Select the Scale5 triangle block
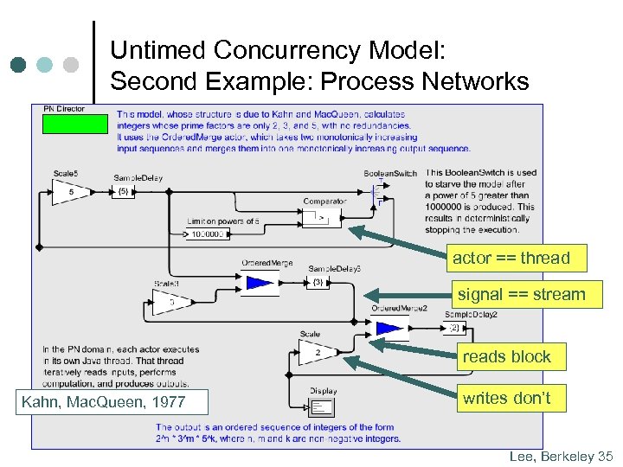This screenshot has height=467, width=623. tap(69, 192)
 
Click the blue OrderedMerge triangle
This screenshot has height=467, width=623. tap(259, 282)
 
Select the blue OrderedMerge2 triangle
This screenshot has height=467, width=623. tap(389, 328)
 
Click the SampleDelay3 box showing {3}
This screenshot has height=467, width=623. tap(318, 282)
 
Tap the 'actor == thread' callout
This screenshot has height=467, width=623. tap(511, 258)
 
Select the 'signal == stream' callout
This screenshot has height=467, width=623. tap(521, 294)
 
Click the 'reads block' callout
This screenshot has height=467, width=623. tap(506, 356)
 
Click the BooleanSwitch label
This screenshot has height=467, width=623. tap(389, 173)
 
